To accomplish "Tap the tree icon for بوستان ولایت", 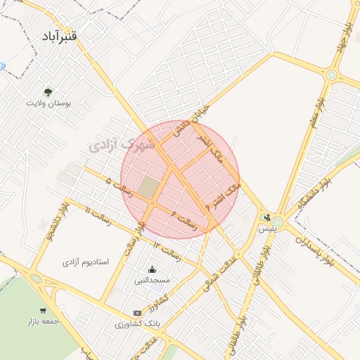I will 48,91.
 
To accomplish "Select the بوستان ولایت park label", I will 49,103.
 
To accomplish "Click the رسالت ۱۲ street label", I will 167,247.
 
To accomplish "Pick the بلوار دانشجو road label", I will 53,221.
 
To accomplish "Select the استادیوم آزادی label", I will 86,262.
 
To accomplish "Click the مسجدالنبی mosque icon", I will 152,269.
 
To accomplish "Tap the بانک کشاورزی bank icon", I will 136,314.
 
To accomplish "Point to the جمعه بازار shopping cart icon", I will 44,310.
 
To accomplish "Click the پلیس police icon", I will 267,217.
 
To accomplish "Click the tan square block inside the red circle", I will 148,187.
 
